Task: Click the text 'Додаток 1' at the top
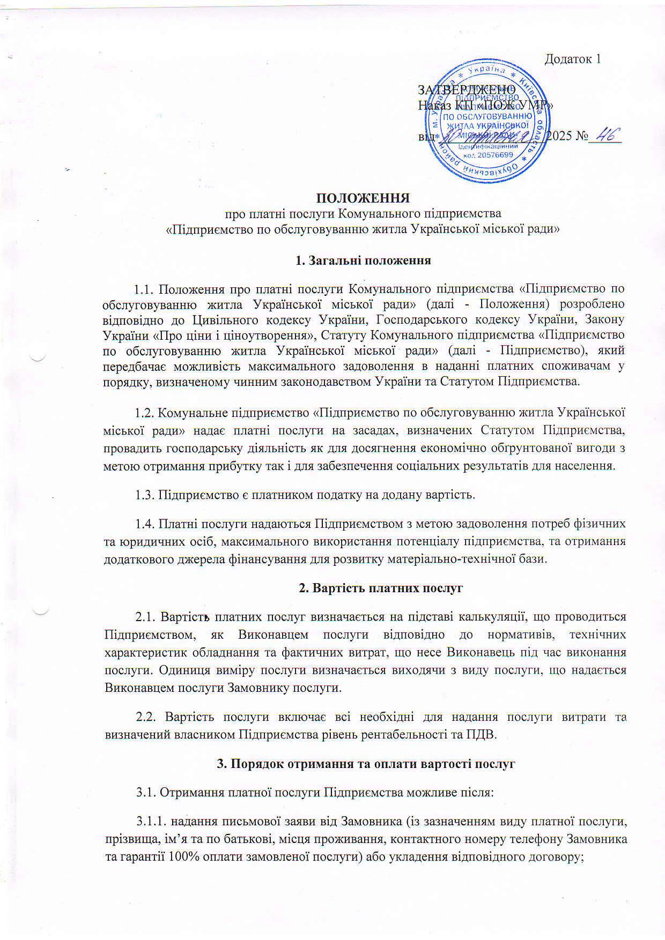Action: (572, 59)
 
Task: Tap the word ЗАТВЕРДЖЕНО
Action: (466, 89)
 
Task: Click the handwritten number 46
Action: (605, 135)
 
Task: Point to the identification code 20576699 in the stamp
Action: (492, 155)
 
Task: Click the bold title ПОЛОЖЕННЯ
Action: (363, 198)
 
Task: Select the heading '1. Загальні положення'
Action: (364, 261)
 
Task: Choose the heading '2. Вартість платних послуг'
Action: (380, 588)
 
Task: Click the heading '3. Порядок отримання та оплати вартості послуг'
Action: (365, 764)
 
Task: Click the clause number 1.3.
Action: (144, 494)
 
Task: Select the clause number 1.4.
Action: (144, 523)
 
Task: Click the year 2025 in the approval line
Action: (558, 136)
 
